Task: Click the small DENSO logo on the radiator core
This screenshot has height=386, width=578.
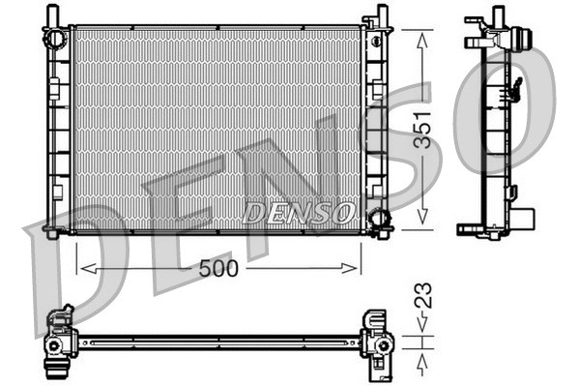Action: coord(300,210)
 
